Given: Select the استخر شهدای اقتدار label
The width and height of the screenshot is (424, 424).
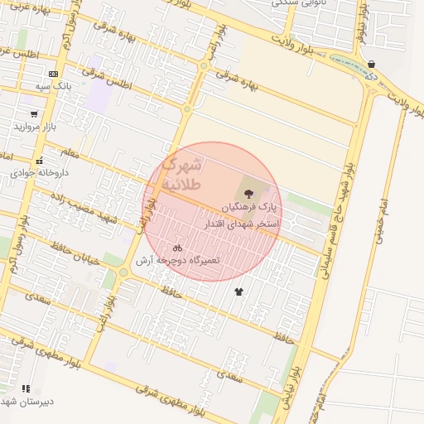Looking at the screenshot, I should [x=243, y=224].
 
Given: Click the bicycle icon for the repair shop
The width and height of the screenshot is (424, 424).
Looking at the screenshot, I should [x=176, y=248].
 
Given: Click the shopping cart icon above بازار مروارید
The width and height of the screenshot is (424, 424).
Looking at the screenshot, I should [x=34, y=115].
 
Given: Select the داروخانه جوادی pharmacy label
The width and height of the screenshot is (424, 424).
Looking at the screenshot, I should [x=38, y=174].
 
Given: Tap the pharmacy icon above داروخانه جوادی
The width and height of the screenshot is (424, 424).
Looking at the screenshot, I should [x=39, y=161].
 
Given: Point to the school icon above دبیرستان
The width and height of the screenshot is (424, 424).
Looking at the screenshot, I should [x=26, y=388].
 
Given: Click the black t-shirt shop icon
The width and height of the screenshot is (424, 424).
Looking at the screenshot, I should [x=239, y=291].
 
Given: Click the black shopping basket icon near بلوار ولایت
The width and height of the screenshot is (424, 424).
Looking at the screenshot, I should [x=371, y=64].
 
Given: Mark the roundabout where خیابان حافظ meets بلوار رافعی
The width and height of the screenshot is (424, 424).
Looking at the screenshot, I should [x=123, y=272].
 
